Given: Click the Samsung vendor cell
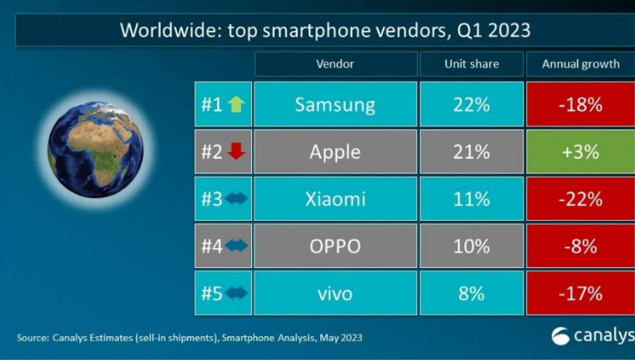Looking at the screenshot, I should pos(335,105).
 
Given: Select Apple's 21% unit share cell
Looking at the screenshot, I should pos(472,151).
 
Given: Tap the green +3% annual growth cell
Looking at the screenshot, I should pos(580,151).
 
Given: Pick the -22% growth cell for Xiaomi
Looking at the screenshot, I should pos(580,199).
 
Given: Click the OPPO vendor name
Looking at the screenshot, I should pos(335,246).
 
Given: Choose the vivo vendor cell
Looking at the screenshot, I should pos(335,293).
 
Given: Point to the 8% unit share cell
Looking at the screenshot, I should pos(472,293).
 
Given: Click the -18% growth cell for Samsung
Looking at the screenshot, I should pos(580,105).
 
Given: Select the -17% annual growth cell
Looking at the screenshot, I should pos(580,293).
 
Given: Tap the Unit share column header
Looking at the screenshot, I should pos(472,64).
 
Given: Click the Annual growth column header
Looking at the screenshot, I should pos(580,64).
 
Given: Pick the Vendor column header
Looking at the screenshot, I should pos(335,64).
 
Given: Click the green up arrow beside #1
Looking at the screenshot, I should pos(236,105).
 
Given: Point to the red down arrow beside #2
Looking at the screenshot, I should pos(236,152).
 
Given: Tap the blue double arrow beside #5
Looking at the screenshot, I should pos(236,293).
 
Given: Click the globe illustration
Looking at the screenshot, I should pos(96,149).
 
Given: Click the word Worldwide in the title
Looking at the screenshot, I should pos(161,30).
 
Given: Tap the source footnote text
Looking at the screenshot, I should pos(189,337).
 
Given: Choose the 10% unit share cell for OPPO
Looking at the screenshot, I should pos(472,246).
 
